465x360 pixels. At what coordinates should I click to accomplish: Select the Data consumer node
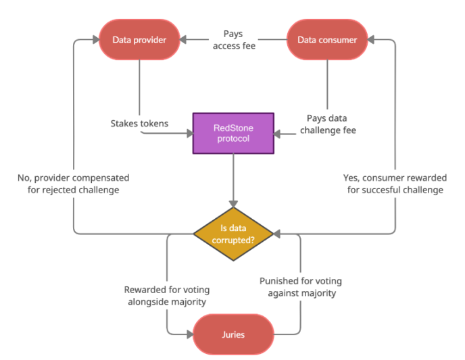[327, 40]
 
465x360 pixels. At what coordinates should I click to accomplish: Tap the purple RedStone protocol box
[233, 133]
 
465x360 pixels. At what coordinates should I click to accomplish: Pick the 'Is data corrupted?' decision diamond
[233, 233]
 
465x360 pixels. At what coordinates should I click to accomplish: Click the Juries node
[233, 334]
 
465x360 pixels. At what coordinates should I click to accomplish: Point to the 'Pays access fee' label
[234, 40]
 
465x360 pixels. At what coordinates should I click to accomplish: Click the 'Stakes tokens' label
[140, 124]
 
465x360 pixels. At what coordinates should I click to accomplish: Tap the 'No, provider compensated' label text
[73, 178]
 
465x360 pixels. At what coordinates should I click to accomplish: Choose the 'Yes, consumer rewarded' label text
[395, 178]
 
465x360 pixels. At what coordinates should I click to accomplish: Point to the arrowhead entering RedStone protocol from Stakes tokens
[189, 133]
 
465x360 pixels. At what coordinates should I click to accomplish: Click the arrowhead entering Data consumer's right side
[372, 40]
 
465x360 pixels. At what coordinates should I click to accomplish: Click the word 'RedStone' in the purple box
[233, 128]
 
